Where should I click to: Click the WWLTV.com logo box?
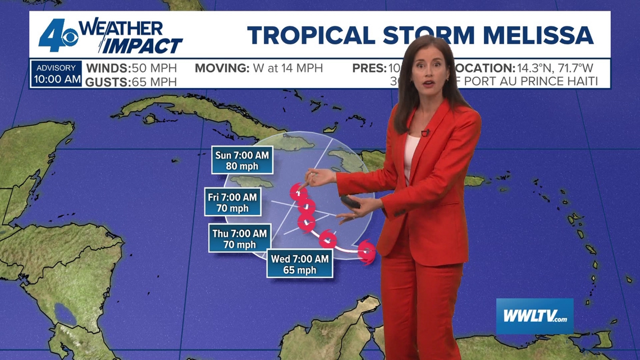(x=534, y=316)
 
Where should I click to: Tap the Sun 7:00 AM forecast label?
(x=242, y=160)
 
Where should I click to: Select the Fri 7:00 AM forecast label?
(x=232, y=202)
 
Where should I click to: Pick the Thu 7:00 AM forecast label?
(x=239, y=239)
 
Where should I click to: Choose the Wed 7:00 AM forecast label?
(x=299, y=264)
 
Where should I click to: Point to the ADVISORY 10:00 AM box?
(x=56, y=74)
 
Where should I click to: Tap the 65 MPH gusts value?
(x=154, y=82)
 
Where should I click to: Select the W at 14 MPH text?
(x=288, y=69)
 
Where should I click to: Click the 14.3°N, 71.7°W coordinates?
(x=555, y=69)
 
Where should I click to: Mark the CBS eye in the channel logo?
(x=70, y=38)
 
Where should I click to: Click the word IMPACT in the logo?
(x=143, y=45)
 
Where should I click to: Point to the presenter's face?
(x=429, y=76)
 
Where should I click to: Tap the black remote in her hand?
(x=350, y=202)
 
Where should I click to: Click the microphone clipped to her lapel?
(x=426, y=133)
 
